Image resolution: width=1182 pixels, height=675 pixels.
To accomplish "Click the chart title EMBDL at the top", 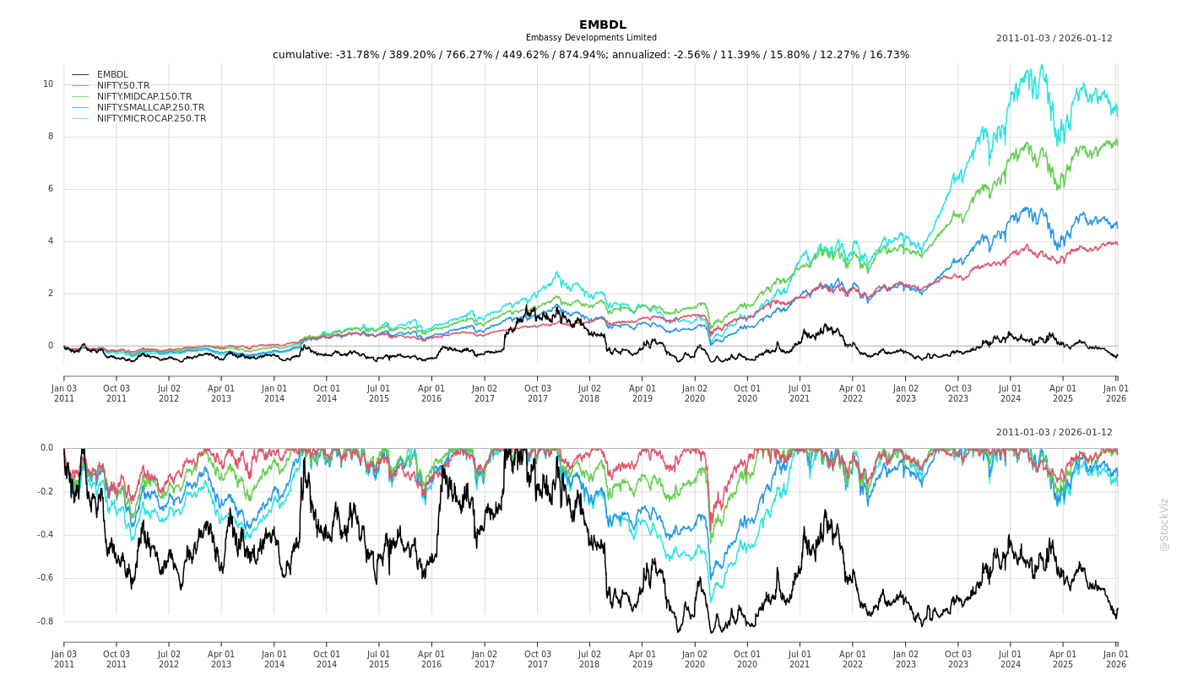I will coord(603,25).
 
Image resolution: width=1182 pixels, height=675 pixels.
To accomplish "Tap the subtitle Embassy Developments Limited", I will coord(591,38).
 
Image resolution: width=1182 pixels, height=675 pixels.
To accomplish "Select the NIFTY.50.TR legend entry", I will coord(123,85).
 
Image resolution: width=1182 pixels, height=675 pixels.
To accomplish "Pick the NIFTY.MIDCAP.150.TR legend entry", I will coord(144,96).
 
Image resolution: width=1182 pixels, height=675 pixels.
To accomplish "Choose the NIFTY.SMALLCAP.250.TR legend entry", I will coord(150,107).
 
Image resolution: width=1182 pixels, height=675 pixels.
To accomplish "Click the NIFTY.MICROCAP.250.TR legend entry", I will coord(151,118).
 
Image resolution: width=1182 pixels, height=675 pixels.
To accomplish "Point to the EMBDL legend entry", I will coord(112,74).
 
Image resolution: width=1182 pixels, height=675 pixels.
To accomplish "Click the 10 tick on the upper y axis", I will coord(48,84).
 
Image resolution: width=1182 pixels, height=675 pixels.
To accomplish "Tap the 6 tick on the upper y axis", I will coord(50,189).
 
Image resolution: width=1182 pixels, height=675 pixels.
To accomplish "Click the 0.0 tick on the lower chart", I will coord(46,448).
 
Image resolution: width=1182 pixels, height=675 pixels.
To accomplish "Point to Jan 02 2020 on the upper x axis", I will coord(695,393).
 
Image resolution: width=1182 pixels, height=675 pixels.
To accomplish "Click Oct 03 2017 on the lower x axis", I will coord(538,659).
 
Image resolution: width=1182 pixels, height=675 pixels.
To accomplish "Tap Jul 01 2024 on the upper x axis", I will coord(1011,393).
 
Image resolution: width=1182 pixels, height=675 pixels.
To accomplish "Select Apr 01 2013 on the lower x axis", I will coord(221,659).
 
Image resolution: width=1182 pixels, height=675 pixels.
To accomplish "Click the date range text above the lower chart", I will coord(1054,433).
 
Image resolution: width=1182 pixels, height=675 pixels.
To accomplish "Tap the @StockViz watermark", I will coord(1164,524).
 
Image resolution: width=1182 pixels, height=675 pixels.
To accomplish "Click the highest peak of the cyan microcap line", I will coord(1042,64).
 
